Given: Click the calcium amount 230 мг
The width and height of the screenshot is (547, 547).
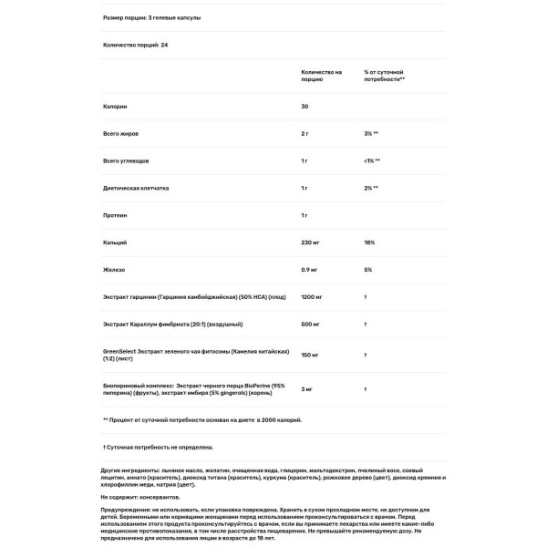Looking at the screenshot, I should click(x=312, y=243).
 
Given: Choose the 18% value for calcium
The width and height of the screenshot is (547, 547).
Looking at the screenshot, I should click(x=368, y=243).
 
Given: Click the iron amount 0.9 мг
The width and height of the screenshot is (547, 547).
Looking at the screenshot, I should click(x=311, y=270).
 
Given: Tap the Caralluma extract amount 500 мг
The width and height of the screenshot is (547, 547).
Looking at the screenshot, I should click(x=312, y=325).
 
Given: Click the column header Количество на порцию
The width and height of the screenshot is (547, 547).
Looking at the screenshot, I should click(x=321, y=75).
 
